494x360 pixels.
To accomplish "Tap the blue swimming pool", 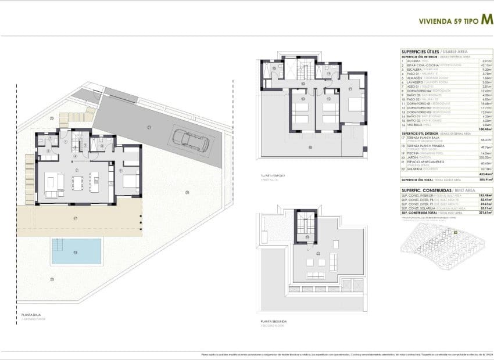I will click(76, 251).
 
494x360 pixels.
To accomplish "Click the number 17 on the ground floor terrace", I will click(76, 218).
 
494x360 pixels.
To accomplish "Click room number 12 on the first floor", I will click(329, 99).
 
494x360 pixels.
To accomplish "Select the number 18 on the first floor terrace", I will click(310, 148).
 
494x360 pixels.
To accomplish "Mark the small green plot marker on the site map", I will click(456, 233).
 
